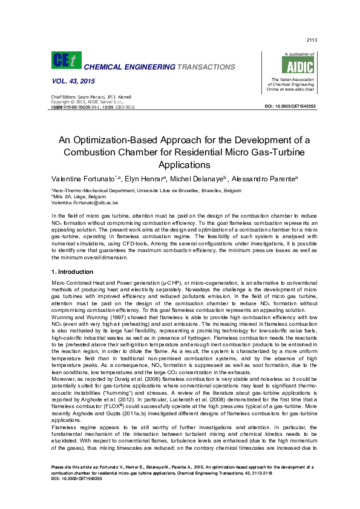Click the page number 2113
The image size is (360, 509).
(x=312, y=41)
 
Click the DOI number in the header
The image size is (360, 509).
(x=290, y=106)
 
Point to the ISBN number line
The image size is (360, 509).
(x=92, y=107)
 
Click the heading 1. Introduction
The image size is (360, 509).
(x=72, y=272)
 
